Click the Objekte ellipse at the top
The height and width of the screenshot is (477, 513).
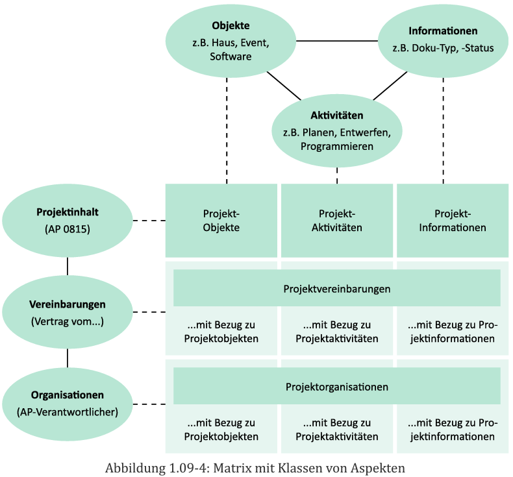[x=231, y=41]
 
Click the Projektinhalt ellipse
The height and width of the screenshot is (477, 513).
[x=68, y=221]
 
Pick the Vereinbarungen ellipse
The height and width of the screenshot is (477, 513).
[x=68, y=312]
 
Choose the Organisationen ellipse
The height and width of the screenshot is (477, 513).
[x=68, y=403]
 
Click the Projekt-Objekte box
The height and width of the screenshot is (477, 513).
[x=221, y=221]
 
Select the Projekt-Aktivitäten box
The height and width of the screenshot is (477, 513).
[x=336, y=221]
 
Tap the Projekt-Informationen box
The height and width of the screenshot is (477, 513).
[x=452, y=221]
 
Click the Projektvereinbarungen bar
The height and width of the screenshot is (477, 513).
[x=336, y=288]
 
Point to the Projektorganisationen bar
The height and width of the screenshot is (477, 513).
[x=336, y=387]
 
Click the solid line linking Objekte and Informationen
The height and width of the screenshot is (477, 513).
[x=336, y=41]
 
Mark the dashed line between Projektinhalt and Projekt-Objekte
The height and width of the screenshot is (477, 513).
[x=149, y=221]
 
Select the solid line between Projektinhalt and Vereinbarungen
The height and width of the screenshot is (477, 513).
[x=68, y=266]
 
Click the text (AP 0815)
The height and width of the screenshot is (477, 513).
[x=68, y=229]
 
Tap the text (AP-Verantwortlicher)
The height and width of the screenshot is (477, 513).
[x=68, y=411]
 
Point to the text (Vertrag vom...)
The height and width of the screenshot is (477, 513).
[x=68, y=321]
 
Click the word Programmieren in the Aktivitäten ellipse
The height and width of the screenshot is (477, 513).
[x=337, y=147]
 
